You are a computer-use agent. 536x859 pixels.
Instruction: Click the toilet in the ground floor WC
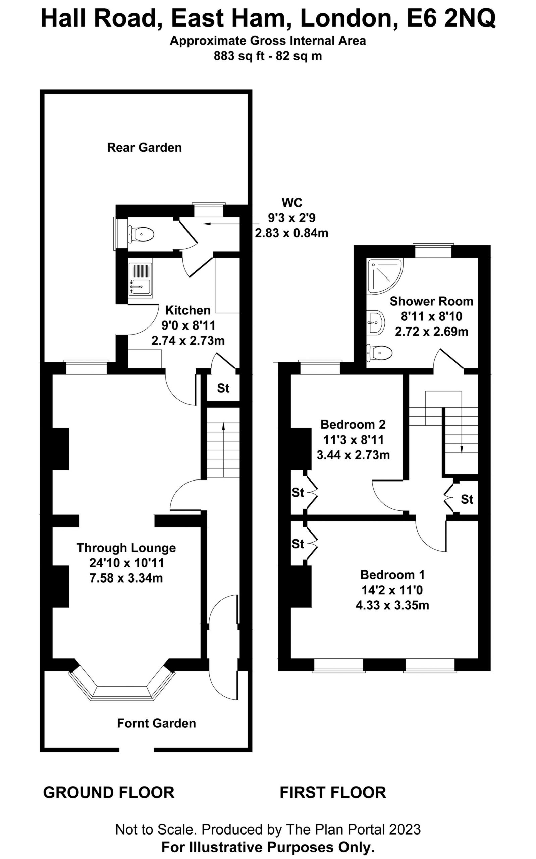(x=141, y=234)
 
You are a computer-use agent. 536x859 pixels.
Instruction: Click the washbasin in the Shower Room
(x=376, y=322)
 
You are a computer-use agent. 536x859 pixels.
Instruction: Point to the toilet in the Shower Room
(x=380, y=353)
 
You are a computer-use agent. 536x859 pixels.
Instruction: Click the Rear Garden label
(x=144, y=148)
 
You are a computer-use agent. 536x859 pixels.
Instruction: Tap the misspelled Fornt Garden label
(x=156, y=723)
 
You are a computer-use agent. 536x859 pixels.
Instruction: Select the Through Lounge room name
(x=126, y=548)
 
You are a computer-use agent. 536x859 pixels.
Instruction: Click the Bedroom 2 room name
(x=353, y=424)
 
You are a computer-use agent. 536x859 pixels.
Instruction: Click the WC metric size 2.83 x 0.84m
(x=292, y=233)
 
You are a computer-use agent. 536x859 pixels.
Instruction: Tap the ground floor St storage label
(x=223, y=388)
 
